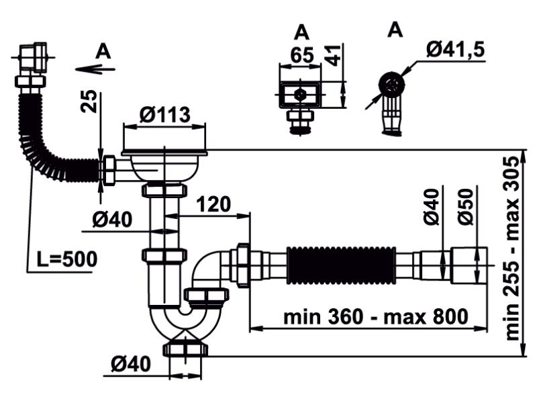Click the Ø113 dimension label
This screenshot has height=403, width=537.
(165, 115)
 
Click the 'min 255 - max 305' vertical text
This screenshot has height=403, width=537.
(514, 248)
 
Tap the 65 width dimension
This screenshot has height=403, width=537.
(302, 55)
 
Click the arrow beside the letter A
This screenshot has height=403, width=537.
(95, 68)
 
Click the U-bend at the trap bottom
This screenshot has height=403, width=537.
(185, 326)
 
